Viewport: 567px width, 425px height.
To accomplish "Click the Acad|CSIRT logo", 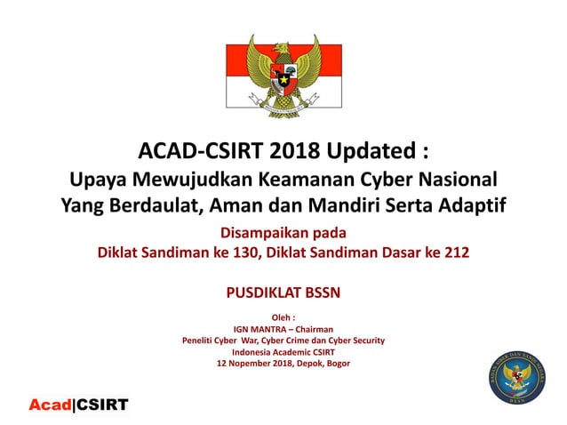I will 77,406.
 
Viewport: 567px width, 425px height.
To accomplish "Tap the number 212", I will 452,253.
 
